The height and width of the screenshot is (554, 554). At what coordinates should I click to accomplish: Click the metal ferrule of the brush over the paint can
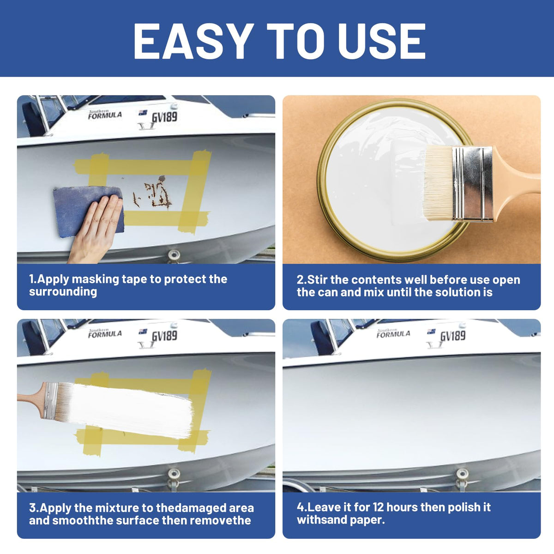(472, 184)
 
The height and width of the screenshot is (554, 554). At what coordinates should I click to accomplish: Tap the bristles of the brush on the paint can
(439, 183)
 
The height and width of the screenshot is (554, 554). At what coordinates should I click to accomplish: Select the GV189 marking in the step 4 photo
(453, 336)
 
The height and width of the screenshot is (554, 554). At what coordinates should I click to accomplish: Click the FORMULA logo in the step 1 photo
(105, 114)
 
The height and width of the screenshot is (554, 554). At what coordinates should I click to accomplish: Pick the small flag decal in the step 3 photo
(143, 331)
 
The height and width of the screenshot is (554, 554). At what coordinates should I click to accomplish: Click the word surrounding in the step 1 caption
(63, 292)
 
